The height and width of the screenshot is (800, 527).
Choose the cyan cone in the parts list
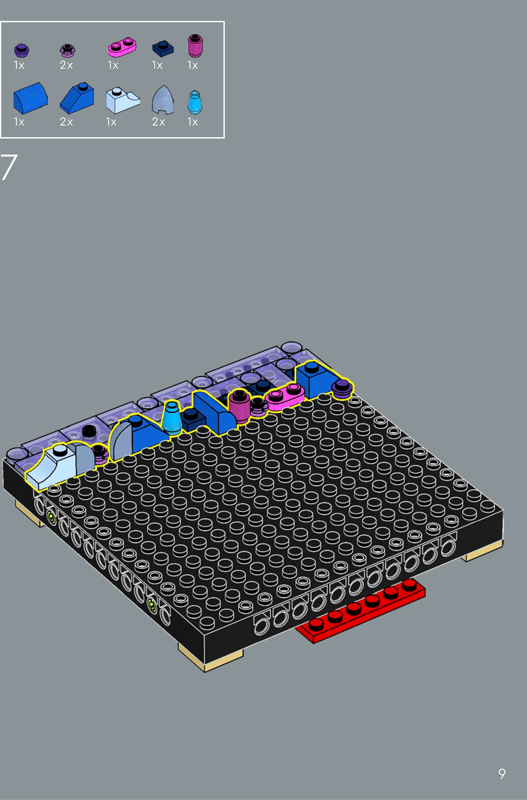[x=194, y=102]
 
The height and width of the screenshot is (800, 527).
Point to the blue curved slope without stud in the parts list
[x=30, y=98]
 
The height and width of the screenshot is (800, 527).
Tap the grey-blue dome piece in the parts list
[x=163, y=100]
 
